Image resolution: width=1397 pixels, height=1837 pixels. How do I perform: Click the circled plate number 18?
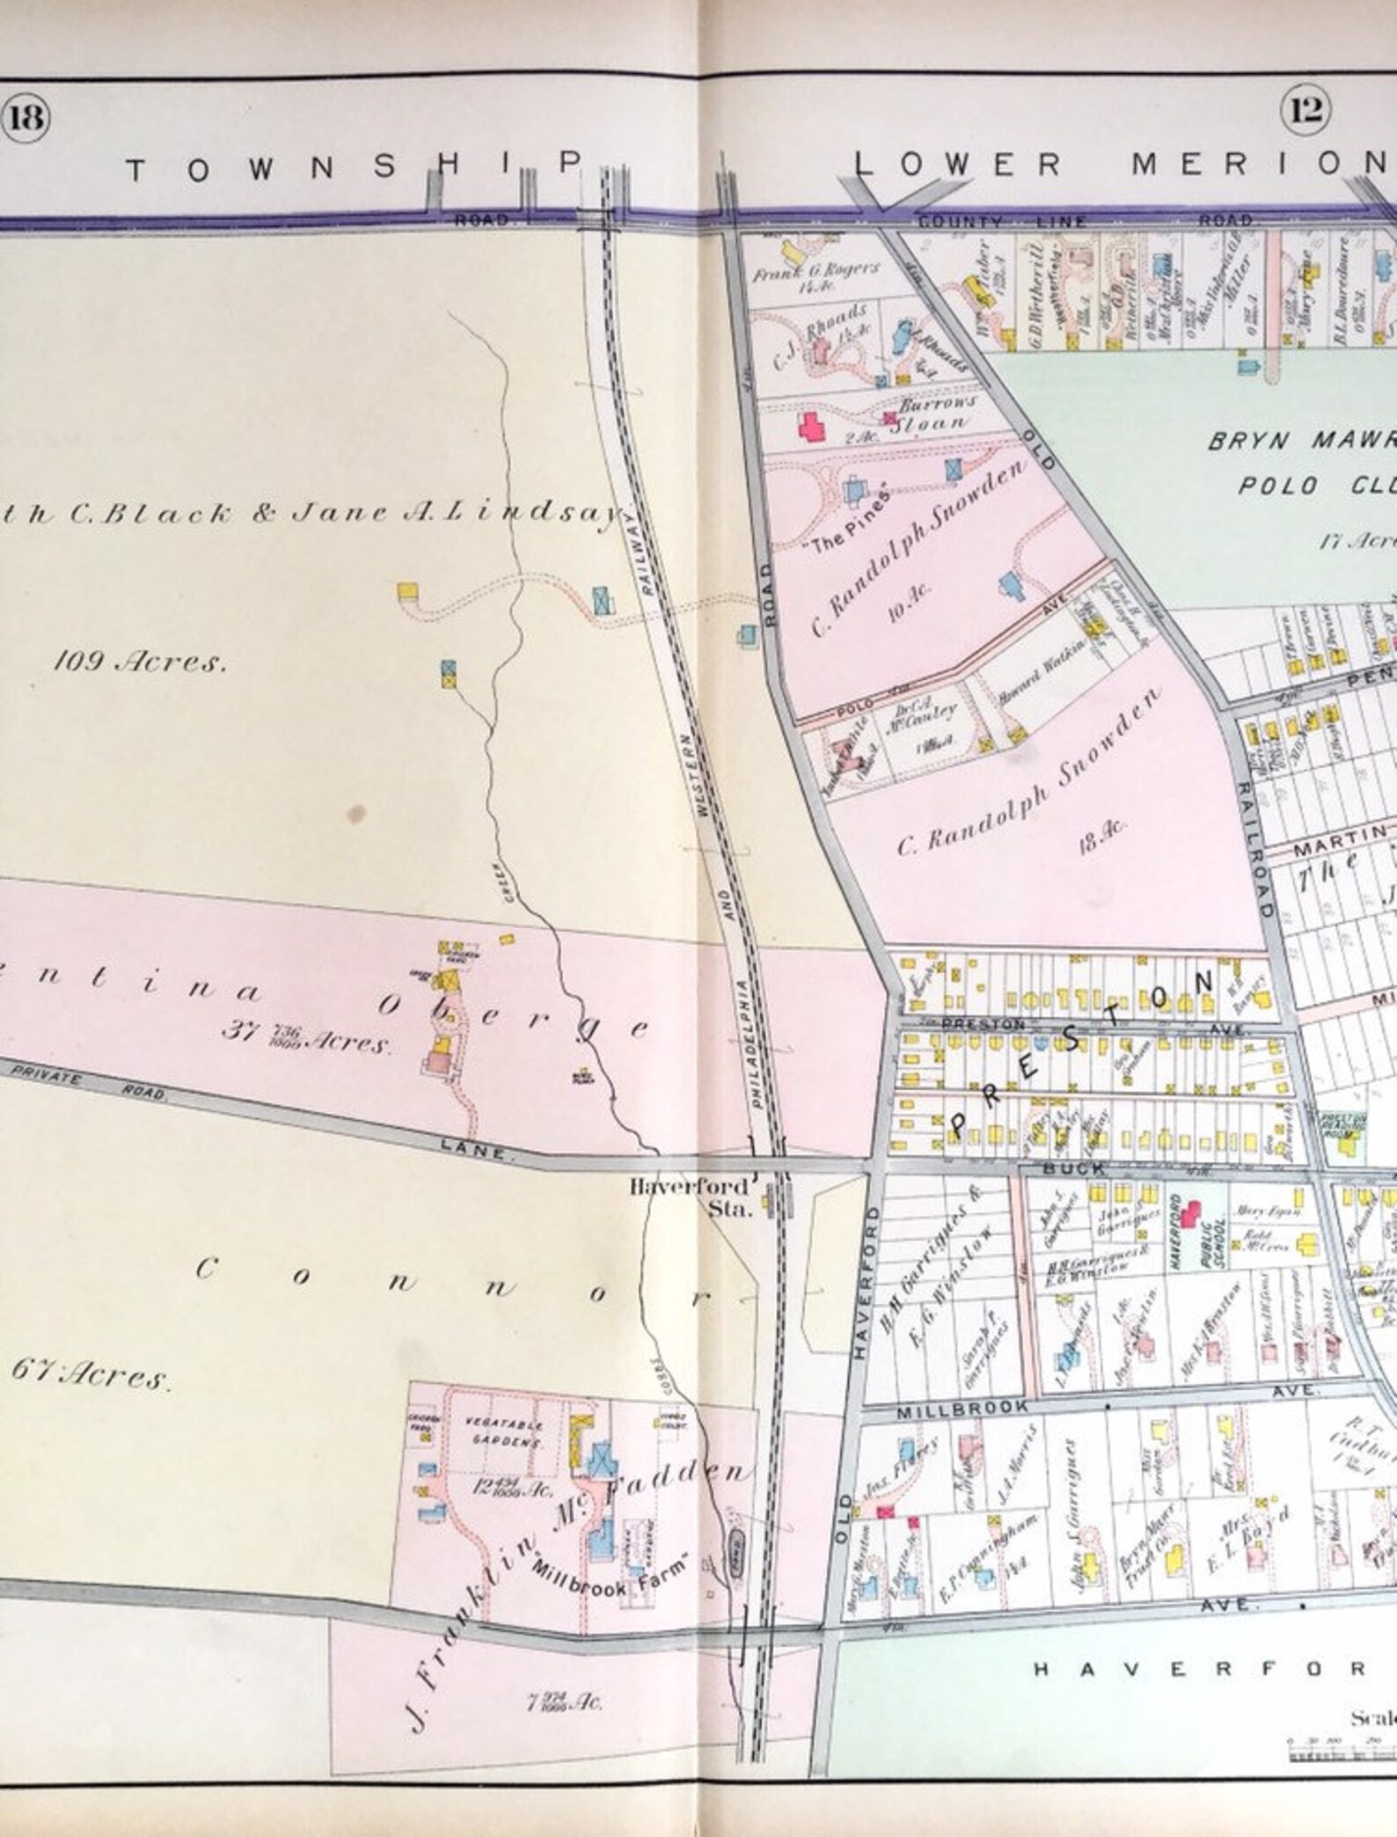26,115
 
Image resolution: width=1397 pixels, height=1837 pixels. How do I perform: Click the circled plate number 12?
1306,112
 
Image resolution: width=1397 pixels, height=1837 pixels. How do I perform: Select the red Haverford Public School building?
1189,1214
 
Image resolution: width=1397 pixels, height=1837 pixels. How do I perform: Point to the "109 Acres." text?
140,662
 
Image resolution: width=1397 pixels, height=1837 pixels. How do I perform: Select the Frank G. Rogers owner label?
815,272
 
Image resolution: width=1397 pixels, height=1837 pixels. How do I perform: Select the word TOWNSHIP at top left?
352,166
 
